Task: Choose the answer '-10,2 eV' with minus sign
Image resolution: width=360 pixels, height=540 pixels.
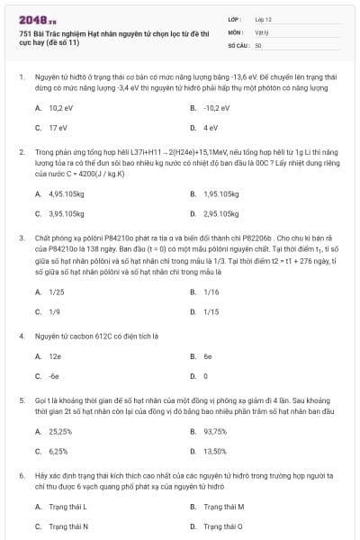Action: coord(218,107)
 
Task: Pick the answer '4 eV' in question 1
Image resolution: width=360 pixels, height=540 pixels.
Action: coord(211,128)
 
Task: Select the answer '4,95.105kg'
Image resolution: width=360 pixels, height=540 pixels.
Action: coord(67,193)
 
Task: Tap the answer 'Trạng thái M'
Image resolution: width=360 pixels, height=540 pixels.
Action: coord(224,506)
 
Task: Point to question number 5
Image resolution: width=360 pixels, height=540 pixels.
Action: coord(21,398)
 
